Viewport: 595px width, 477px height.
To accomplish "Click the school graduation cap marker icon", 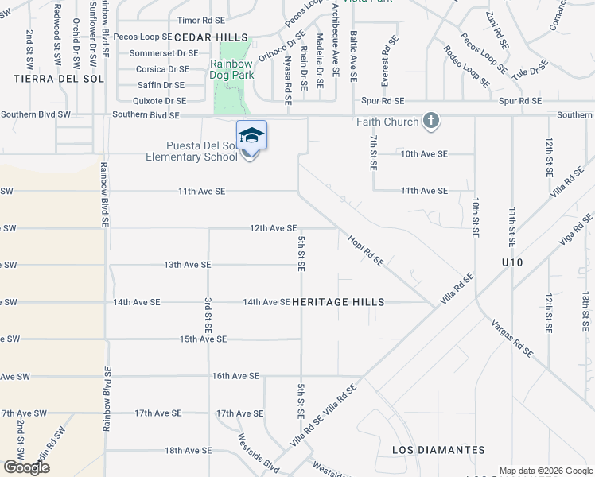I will pyautogui.click(x=251, y=135).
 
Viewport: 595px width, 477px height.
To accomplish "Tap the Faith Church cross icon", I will pyautogui.click(x=430, y=122).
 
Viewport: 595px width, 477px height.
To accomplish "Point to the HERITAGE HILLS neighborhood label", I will pyautogui.click(x=338, y=302).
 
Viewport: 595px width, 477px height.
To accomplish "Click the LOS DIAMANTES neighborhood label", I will pyautogui.click(x=438, y=450).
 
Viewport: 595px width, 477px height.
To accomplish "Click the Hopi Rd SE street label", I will pyautogui.click(x=365, y=250).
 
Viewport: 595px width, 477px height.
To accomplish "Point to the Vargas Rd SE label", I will pyautogui.click(x=511, y=337).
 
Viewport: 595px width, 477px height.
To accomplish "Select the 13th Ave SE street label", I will pyautogui.click(x=188, y=265).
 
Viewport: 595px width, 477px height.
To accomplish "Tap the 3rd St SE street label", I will pyautogui.click(x=208, y=315).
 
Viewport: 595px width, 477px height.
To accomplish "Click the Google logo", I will pyautogui.click(x=26, y=467).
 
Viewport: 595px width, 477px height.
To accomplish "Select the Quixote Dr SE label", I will pyautogui.click(x=159, y=101).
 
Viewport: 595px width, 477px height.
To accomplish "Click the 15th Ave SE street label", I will pyautogui.click(x=203, y=339).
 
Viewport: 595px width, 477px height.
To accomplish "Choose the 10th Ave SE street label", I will pyautogui.click(x=424, y=153).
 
